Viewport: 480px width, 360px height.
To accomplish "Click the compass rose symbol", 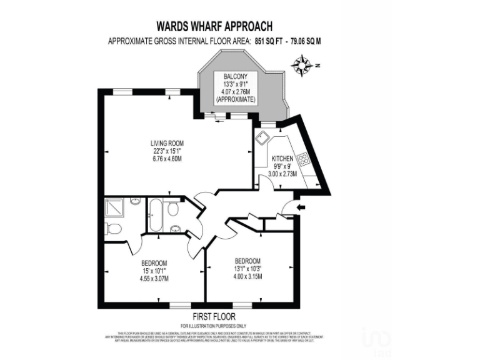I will coord(302,64).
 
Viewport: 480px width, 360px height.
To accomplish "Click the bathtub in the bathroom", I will coord(156,214).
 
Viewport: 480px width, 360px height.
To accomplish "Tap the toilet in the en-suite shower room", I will coord(113,229).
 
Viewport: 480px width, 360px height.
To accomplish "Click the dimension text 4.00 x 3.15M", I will coord(247,276).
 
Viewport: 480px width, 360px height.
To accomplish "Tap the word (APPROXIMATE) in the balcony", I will coord(235,99).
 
